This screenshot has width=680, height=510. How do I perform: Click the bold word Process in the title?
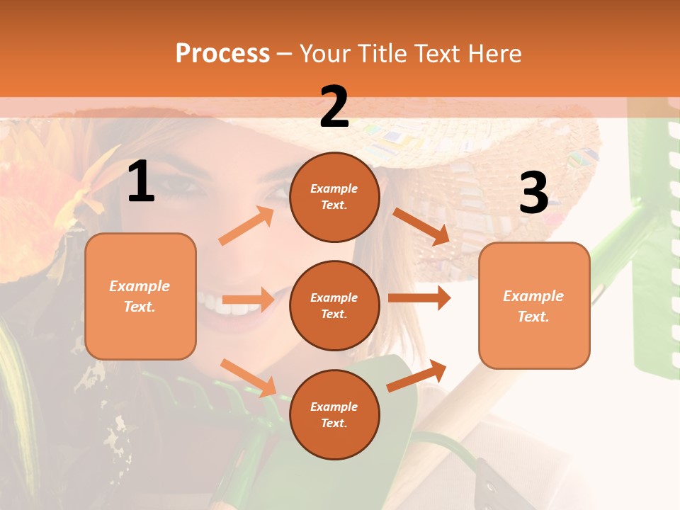coord(222,53)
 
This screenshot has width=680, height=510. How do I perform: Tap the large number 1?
coord(141,182)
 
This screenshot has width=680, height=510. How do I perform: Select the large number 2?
coord(334,107)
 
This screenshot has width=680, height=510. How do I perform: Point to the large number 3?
coord(533,193)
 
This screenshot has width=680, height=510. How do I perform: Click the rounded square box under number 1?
coord(140,296)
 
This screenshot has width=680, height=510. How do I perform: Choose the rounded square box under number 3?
coord(534,305)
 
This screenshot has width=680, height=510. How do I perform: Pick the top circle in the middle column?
coord(334,197)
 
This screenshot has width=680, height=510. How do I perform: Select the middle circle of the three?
coord(334,305)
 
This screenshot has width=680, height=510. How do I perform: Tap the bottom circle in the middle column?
coord(334,414)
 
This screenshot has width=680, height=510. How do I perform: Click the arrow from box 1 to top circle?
coord(246,226)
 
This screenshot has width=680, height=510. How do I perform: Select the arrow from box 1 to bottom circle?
coord(248,378)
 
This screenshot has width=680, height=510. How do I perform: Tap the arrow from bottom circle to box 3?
coord(417,376)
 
